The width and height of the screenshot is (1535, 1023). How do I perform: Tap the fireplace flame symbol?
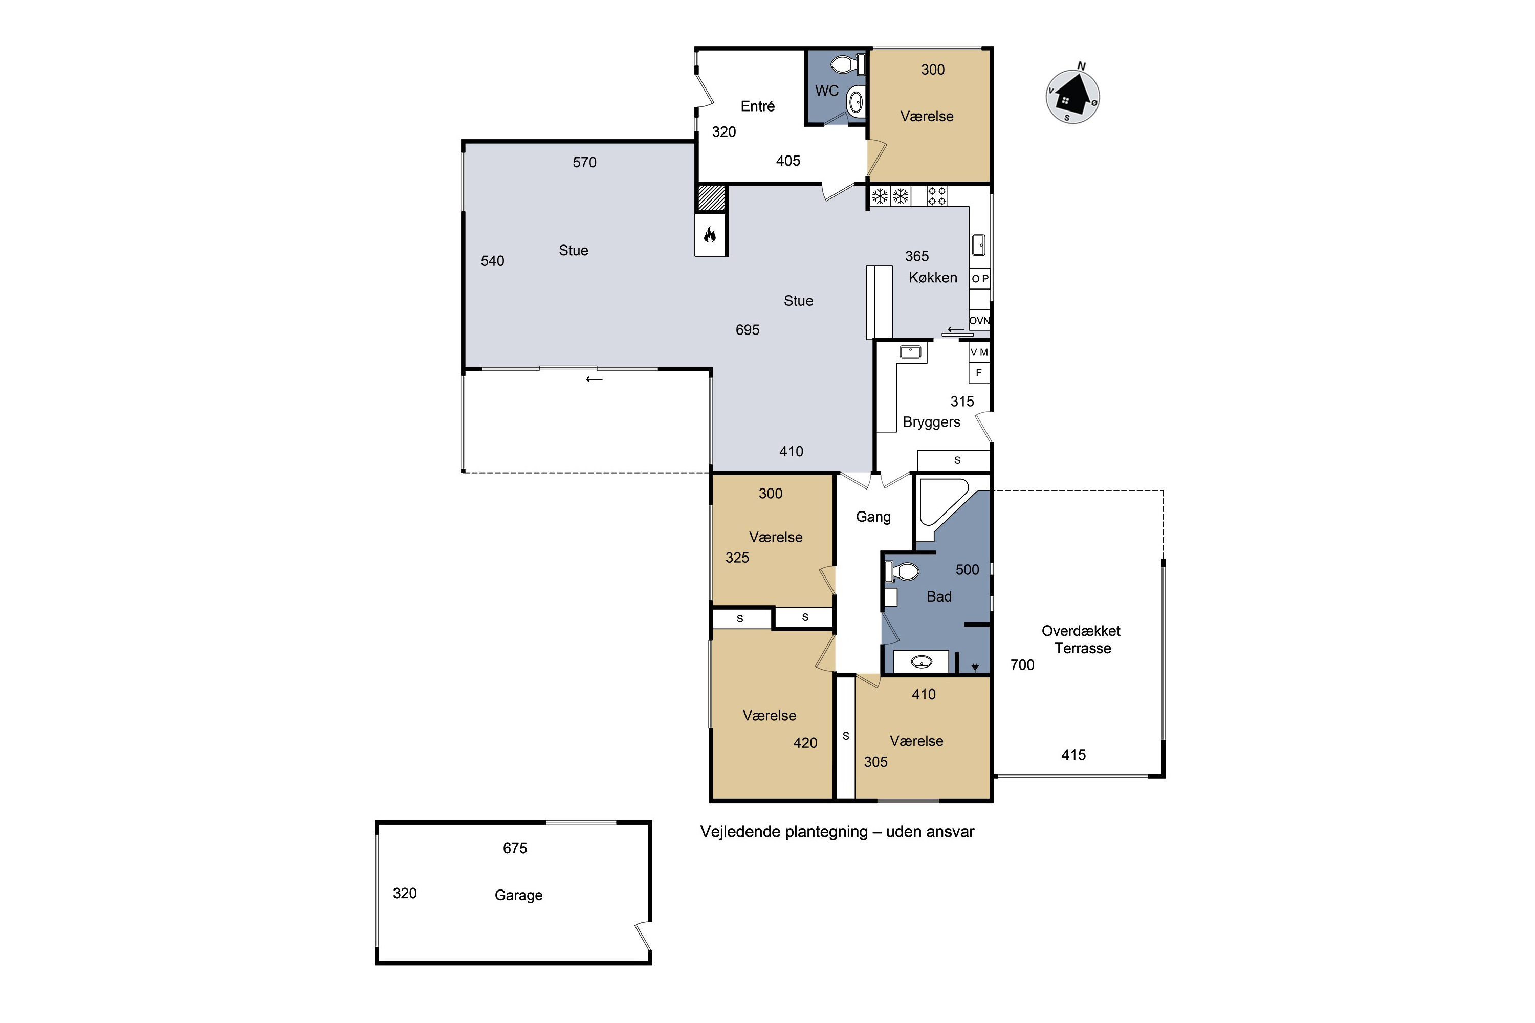710,235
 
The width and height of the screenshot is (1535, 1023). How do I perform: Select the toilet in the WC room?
848,64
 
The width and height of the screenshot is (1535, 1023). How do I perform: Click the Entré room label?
758,106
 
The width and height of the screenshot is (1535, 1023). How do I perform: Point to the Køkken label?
933,277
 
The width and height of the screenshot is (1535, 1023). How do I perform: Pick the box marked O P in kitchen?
980,279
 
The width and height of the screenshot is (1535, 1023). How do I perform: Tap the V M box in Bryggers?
979,352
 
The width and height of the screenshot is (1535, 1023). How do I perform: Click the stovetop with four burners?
937,196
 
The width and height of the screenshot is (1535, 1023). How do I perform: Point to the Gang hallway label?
873,517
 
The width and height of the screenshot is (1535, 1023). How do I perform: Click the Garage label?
518,895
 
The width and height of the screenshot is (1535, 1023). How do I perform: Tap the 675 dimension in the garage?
515,848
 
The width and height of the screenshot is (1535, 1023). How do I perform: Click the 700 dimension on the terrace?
1022,665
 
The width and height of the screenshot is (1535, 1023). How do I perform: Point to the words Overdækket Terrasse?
1082,639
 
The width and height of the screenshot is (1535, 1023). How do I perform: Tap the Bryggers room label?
931,422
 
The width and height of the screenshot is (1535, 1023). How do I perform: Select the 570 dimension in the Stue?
585,163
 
